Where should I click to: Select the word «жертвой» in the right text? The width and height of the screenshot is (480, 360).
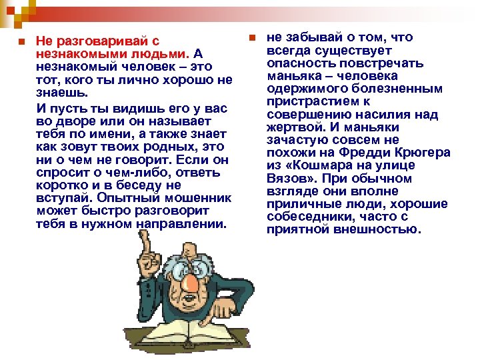click(x=291, y=127)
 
